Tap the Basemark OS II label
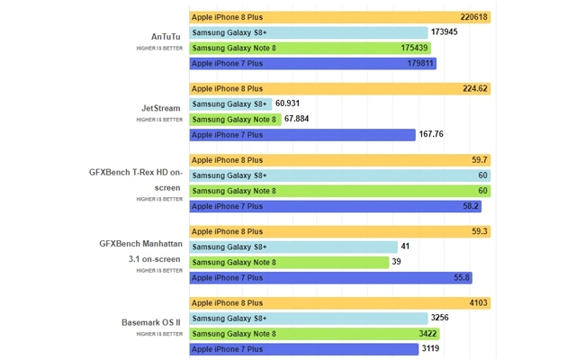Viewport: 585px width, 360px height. tap(151, 321)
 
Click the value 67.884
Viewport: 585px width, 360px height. tap(297, 119)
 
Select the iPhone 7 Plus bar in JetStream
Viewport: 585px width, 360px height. tap(302, 135)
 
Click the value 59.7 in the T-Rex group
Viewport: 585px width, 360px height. tap(479, 159)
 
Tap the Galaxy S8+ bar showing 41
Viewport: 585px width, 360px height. tap(293, 247)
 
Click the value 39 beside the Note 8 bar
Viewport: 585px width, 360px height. tap(398, 262)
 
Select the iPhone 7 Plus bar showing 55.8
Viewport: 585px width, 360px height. tap(329, 278)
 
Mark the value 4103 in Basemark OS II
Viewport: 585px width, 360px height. tap(477, 303)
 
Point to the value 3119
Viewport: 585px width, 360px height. tap(432, 348)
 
